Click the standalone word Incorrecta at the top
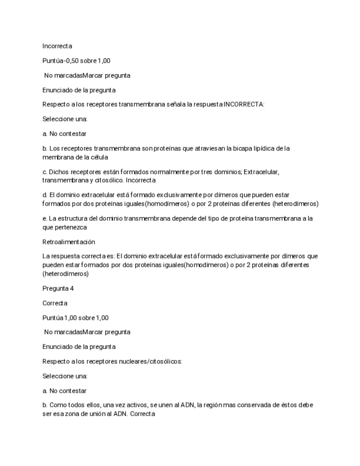[57, 46]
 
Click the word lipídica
[256, 148]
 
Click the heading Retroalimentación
[69, 242]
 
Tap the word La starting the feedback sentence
[46, 256]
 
